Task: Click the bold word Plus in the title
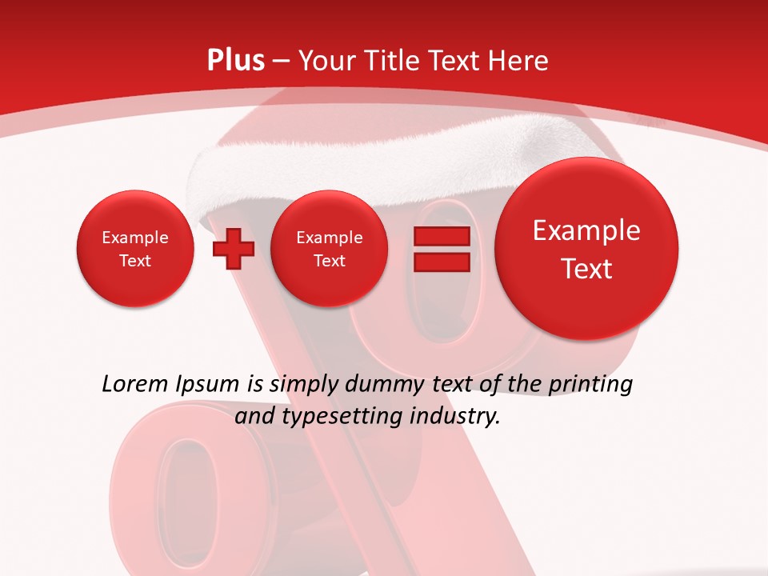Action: click(235, 61)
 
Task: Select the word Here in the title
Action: click(519, 61)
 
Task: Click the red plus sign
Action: click(233, 248)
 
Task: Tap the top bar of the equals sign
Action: click(441, 236)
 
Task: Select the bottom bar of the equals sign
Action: click(441, 262)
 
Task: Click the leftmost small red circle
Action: click(134, 249)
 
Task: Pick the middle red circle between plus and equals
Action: click(329, 249)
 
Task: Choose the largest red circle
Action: click(586, 249)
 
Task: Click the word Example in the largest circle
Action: click(586, 230)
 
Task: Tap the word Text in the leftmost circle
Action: click(134, 261)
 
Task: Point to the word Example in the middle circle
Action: click(329, 238)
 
